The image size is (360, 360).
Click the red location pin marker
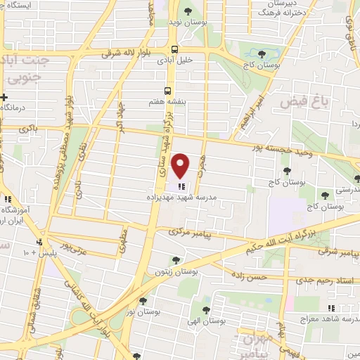(181, 166)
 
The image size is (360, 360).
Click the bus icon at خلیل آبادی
(174, 49)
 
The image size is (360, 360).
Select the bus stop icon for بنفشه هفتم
(167, 91)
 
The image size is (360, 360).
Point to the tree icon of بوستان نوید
(188, 11)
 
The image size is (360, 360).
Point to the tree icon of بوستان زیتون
(175, 260)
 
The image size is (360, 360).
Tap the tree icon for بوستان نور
(143, 300)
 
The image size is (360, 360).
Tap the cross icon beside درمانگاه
(4, 97)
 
